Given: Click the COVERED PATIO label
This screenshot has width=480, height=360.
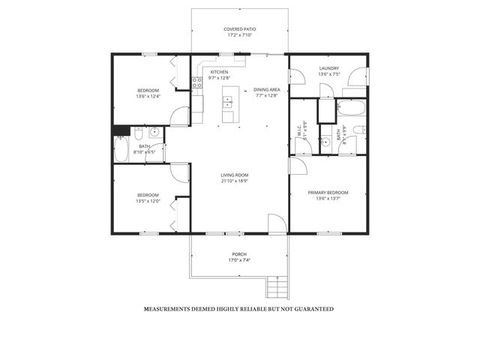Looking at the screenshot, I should (x=239, y=28).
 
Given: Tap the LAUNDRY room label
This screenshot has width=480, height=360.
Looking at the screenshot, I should (x=329, y=68).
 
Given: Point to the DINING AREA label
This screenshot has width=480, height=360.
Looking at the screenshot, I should (x=266, y=89).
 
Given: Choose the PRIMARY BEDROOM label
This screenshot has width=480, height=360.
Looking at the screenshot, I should (x=329, y=193).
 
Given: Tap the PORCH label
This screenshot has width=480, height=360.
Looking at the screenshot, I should (x=238, y=255).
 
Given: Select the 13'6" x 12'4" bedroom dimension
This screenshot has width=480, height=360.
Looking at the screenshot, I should (x=148, y=97).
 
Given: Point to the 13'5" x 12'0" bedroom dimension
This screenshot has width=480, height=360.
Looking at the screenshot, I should (x=148, y=201).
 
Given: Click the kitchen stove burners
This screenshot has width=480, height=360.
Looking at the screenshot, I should (x=198, y=83).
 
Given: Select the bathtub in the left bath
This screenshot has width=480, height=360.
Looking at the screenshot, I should (x=121, y=149).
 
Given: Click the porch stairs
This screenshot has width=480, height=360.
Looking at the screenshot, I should (x=277, y=286).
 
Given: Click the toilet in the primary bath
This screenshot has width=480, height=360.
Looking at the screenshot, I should (x=326, y=140).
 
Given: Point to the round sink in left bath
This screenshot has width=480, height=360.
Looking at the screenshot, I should (x=154, y=133).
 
